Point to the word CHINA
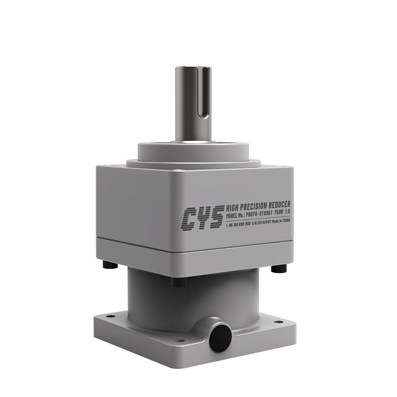[284, 220]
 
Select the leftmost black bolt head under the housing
[110, 264]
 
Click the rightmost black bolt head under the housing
[279, 269]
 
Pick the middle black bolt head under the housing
[179, 282]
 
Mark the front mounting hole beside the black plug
[181, 340]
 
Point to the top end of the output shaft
[193, 68]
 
